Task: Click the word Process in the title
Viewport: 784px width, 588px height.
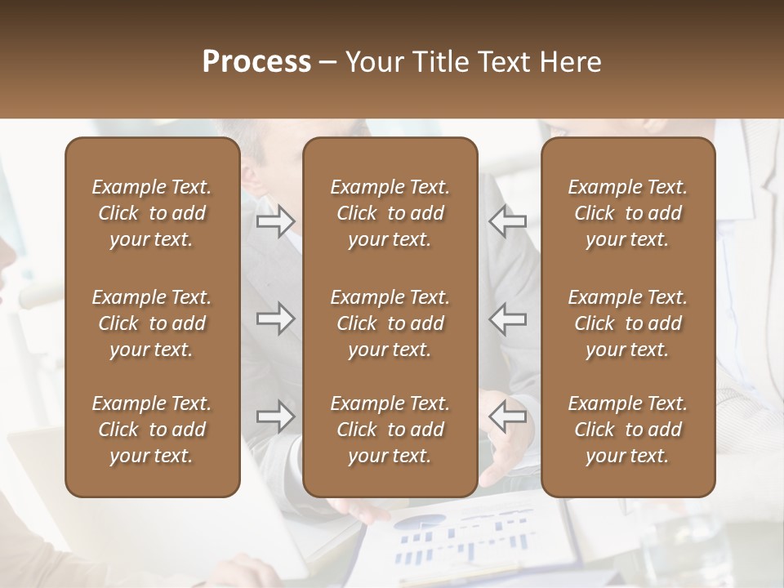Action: (x=256, y=62)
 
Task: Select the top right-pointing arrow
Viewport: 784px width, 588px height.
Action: (x=275, y=221)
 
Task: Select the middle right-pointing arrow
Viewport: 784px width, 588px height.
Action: (x=275, y=318)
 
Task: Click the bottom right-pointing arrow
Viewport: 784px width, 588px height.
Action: (x=275, y=416)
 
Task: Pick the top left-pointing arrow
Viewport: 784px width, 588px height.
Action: (x=507, y=221)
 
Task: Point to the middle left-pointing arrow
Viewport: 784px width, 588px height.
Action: (x=507, y=318)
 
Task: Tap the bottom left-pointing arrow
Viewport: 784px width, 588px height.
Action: (x=507, y=416)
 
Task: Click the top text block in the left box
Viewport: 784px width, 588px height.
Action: (x=152, y=213)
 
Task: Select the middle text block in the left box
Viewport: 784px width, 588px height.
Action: (x=152, y=323)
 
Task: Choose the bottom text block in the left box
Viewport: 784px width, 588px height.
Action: (x=152, y=430)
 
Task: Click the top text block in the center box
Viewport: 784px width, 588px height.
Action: (x=390, y=213)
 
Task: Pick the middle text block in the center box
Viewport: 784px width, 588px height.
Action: (x=390, y=323)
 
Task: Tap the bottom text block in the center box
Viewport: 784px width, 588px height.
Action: (x=390, y=430)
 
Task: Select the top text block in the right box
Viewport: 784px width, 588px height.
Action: (x=628, y=213)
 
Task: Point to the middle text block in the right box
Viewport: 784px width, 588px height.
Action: (x=628, y=323)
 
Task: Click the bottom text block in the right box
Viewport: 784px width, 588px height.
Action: (x=628, y=430)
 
